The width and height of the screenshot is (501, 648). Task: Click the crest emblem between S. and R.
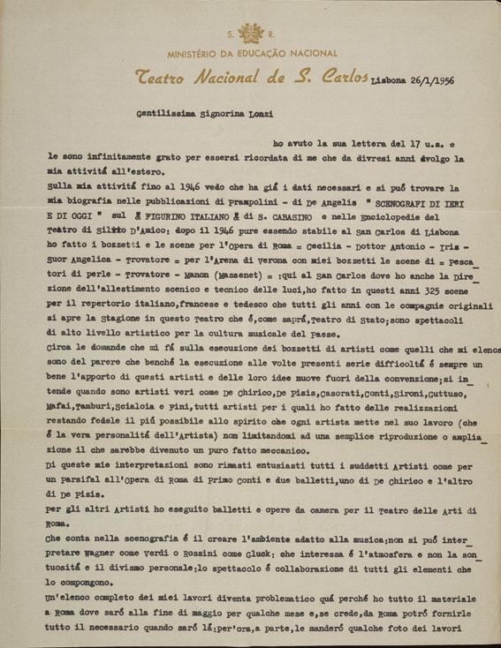(250, 34)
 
